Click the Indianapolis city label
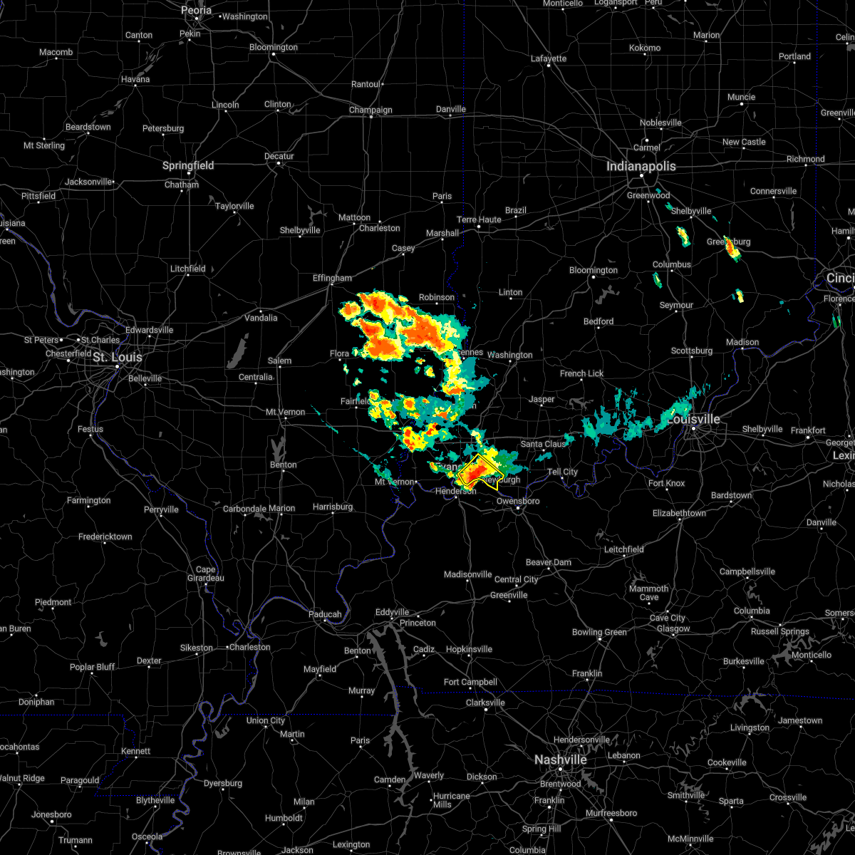pyautogui.click(x=641, y=166)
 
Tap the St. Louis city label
pyautogui.click(x=118, y=357)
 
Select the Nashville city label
pyautogui.click(x=561, y=760)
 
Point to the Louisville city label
pyautogui.click(x=693, y=419)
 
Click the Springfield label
pyautogui.click(x=189, y=165)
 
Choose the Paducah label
pyautogui.click(x=324, y=614)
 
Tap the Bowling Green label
pyautogui.click(x=599, y=632)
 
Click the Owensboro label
pyautogui.click(x=519, y=501)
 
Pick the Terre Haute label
pyautogui.click(x=479, y=219)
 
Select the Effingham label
pyautogui.click(x=332, y=278)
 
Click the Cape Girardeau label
pyautogui.click(x=205, y=574)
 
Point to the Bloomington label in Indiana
pyautogui.click(x=594, y=270)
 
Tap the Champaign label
pyautogui.click(x=370, y=110)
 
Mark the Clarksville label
pyautogui.click(x=485, y=703)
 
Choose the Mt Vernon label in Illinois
pyautogui.click(x=285, y=412)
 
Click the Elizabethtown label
pyautogui.click(x=679, y=513)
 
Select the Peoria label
pyautogui.click(x=197, y=10)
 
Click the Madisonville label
pyautogui.click(x=468, y=574)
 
